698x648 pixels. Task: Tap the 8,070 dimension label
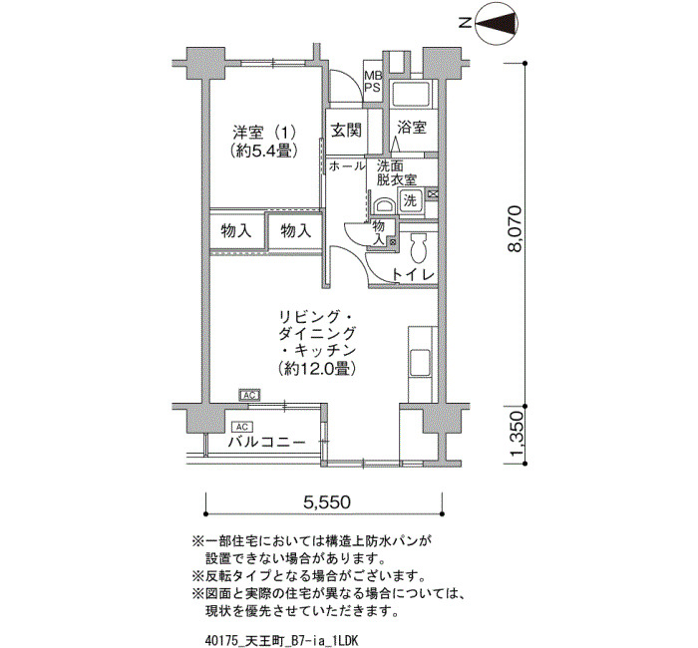[516, 228]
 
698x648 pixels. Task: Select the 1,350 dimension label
[516, 435]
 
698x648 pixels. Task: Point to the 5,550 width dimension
[327, 502]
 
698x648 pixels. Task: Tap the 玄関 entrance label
[346, 131]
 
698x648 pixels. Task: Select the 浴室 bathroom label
[412, 128]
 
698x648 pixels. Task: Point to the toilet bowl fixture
[418, 248]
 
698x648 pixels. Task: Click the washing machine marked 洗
[410, 199]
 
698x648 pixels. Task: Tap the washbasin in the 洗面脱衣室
[384, 206]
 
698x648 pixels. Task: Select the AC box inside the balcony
[241, 428]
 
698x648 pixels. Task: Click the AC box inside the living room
[249, 395]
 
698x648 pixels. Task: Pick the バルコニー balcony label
[266, 443]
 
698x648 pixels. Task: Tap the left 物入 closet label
[236, 231]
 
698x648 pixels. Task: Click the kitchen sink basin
[420, 362]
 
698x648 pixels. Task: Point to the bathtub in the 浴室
[410, 94]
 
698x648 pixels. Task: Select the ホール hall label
[347, 166]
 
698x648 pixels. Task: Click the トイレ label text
[413, 274]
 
